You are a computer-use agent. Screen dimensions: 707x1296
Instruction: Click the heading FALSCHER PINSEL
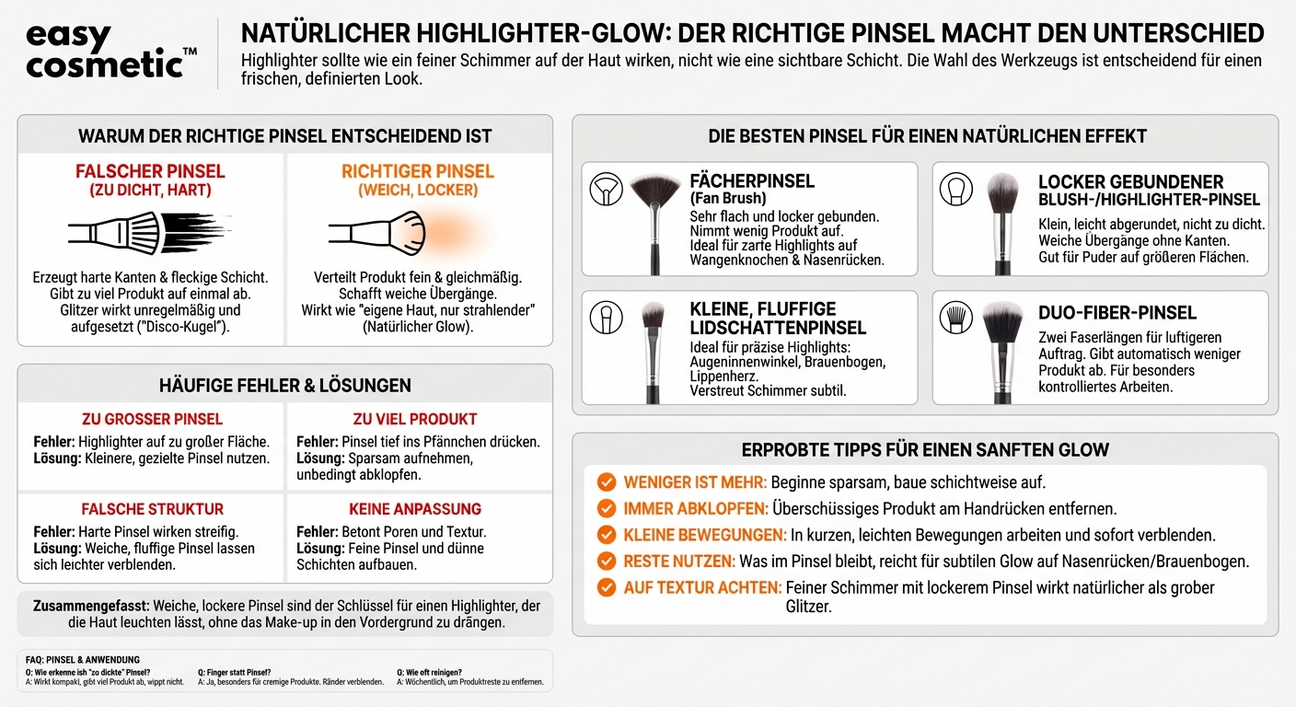pyautogui.click(x=150, y=171)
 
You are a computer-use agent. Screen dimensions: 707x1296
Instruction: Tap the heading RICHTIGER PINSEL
pyautogui.click(x=418, y=171)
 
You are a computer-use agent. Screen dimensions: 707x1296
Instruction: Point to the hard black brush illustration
pyautogui.click(x=147, y=232)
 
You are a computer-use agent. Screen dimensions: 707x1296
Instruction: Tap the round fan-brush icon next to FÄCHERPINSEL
pyautogui.click(x=605, y=188)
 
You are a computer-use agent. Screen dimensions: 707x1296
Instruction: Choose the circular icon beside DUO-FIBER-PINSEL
pyautogui.click(x=955, y=317)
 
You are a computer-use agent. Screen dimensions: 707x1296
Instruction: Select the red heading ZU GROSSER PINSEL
pyautogui.click(x=152, y=420)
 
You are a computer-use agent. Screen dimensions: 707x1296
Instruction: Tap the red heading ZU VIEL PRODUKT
pyautogui.click(x=415, y=420)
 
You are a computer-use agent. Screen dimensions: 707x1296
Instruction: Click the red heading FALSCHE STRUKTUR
pyautogui.click(x=152, y=509)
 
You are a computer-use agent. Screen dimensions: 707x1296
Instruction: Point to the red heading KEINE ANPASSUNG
pyautogui.click(x=415, y=509)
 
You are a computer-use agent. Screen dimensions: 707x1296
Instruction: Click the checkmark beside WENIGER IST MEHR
pyautogui.click(x=607, y=482)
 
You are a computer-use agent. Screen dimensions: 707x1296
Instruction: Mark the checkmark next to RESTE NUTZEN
pyautogui.click(x=607, y=561)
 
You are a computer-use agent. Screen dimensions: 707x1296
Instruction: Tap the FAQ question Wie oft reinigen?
pyautogui.click(x=429, y=672)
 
